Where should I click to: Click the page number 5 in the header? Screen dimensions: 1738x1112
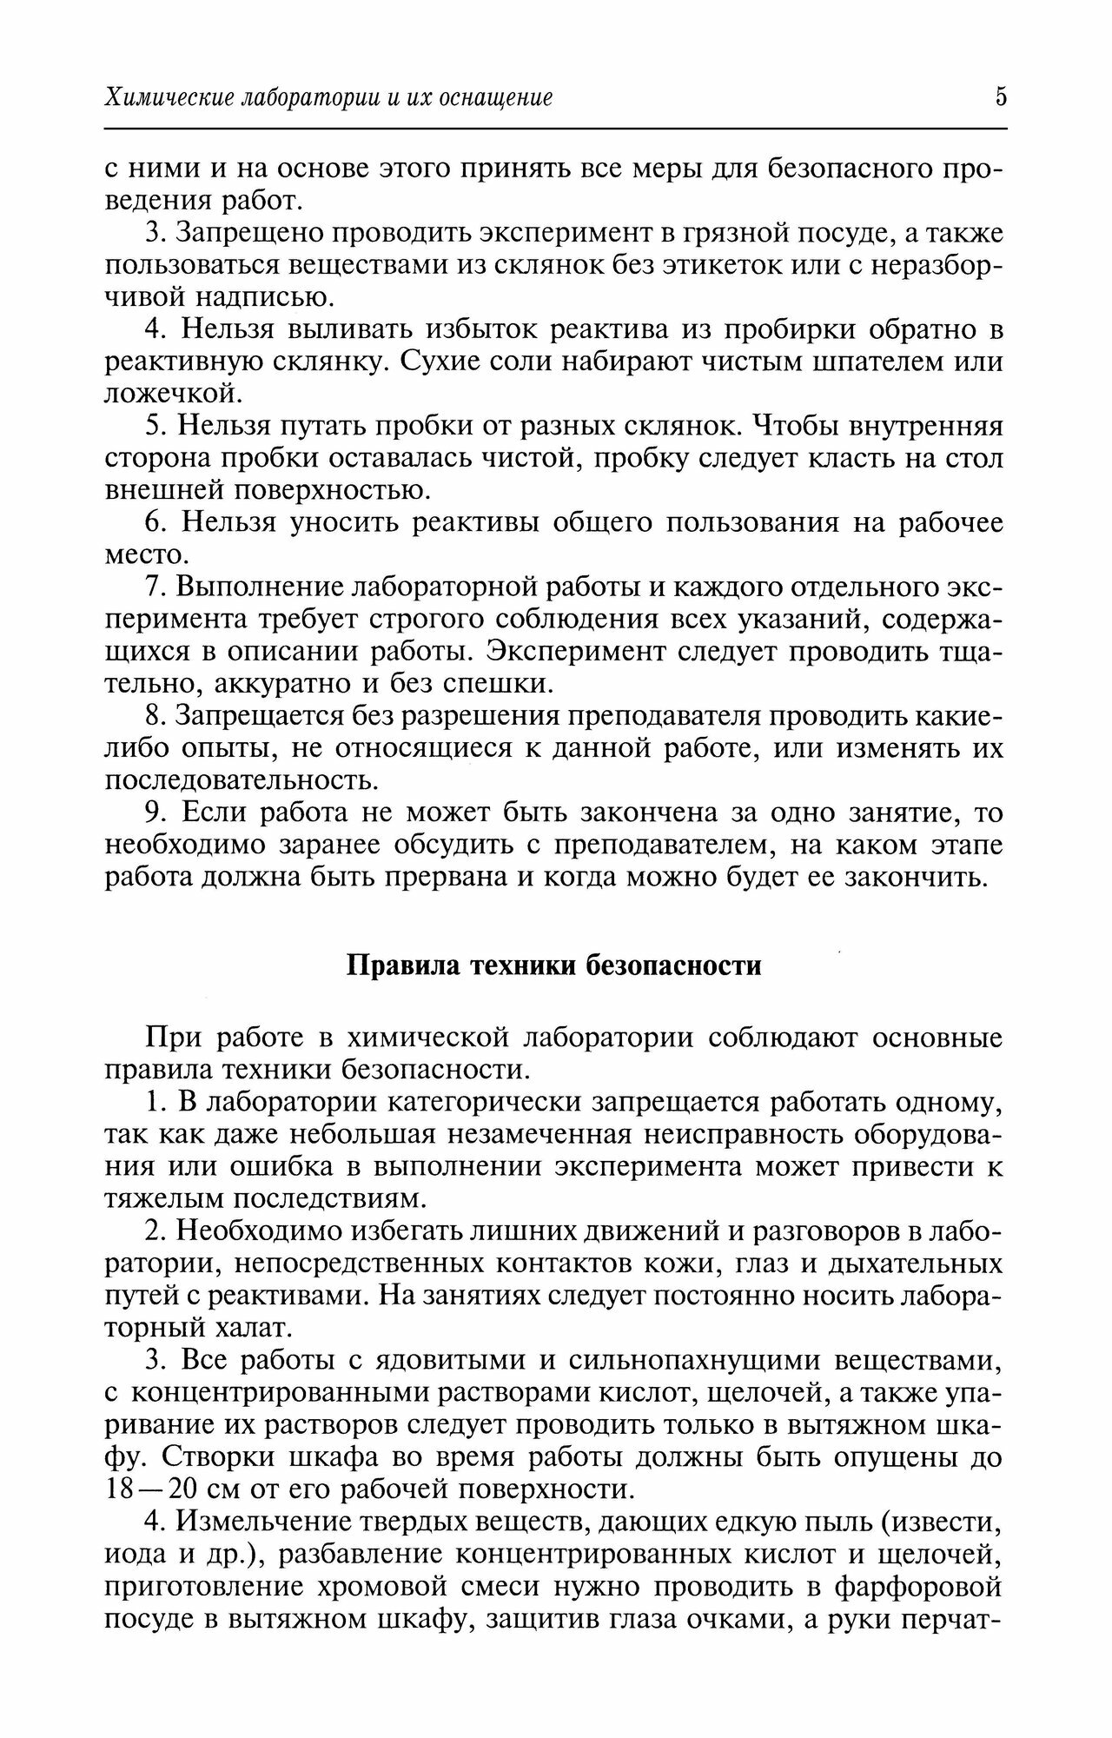pos(1001,96)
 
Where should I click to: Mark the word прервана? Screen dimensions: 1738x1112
pos(444,877)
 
